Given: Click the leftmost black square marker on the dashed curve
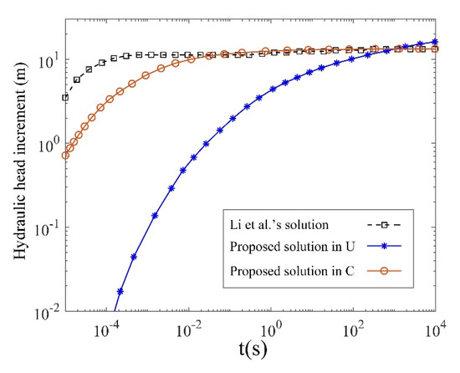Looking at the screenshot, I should [x=65, y=98].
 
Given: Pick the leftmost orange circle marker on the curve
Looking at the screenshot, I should [x=65, y=155].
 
